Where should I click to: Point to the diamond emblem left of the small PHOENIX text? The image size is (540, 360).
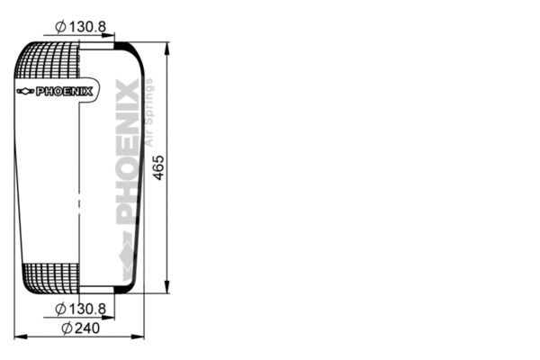(24, 91)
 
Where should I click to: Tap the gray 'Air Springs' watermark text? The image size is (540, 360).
(150, 112)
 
